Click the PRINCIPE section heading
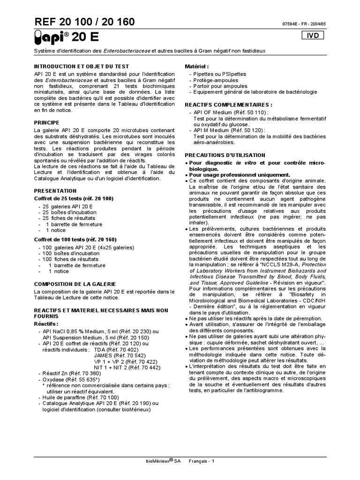tap(49, 121)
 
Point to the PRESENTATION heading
tap(55, 191)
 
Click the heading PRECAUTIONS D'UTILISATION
tap(225, 155)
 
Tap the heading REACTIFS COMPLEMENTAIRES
tap(229, 105)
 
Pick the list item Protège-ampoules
tap(215, 80)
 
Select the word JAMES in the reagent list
tap(105, 355)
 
